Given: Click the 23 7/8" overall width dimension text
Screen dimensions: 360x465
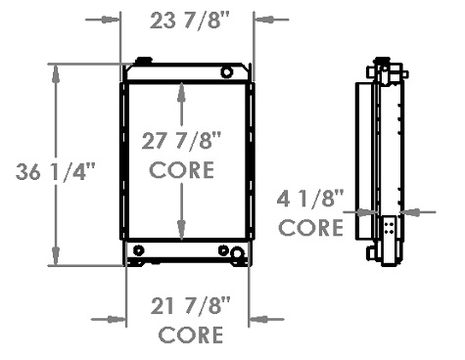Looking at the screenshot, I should [x=187, y=19].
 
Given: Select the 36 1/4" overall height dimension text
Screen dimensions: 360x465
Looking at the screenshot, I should [x=56, y=173].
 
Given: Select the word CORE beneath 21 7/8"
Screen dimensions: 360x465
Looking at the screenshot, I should [x=190, y=336].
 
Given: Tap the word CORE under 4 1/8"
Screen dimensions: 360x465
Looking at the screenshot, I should [x=310, y=229].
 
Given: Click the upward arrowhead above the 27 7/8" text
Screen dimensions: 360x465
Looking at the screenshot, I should [x=181, y=91].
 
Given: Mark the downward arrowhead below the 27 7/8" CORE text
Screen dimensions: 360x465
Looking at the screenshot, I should [x=181, y=229].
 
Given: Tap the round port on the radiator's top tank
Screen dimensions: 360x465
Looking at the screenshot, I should [x=227, y=71].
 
